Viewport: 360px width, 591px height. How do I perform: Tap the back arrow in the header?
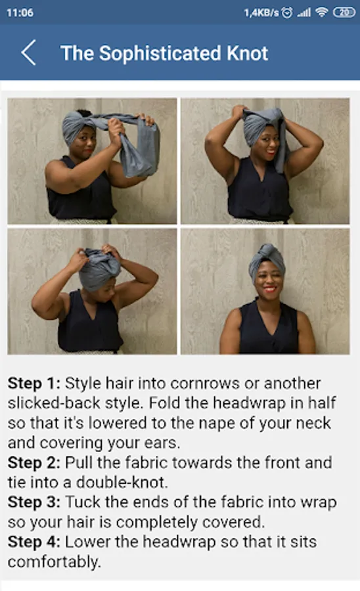(x=29, y=53)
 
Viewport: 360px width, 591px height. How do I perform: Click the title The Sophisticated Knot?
(x=164, y=53)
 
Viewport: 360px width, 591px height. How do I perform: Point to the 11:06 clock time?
(x=20, y=13)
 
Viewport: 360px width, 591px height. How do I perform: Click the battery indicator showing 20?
(x=344, y=12)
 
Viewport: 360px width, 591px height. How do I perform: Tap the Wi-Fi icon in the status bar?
(x=321, y=12)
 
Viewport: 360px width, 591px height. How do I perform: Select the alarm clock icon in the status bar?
(x=287, y=13)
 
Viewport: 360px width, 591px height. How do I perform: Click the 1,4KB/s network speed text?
(x=261, y=13)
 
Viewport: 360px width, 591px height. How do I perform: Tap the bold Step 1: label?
(x=34, y=383)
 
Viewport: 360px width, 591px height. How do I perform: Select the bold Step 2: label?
(x=34, y=463)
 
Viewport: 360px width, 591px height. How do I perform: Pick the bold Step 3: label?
(x=34, y=502)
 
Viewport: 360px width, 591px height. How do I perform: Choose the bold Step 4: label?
(x=34, y=542)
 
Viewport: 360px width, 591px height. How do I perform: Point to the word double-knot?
(x=122, y=483)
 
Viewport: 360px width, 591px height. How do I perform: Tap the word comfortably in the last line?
(x=55, y=562)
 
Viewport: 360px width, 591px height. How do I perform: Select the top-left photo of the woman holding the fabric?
(x=93, y=161)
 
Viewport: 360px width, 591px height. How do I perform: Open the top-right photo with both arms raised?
(x=265, y=161)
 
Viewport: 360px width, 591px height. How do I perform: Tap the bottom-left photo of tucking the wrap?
(x=93, y=292)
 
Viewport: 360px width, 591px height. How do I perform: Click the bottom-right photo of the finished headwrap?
(x=265, y=292)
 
